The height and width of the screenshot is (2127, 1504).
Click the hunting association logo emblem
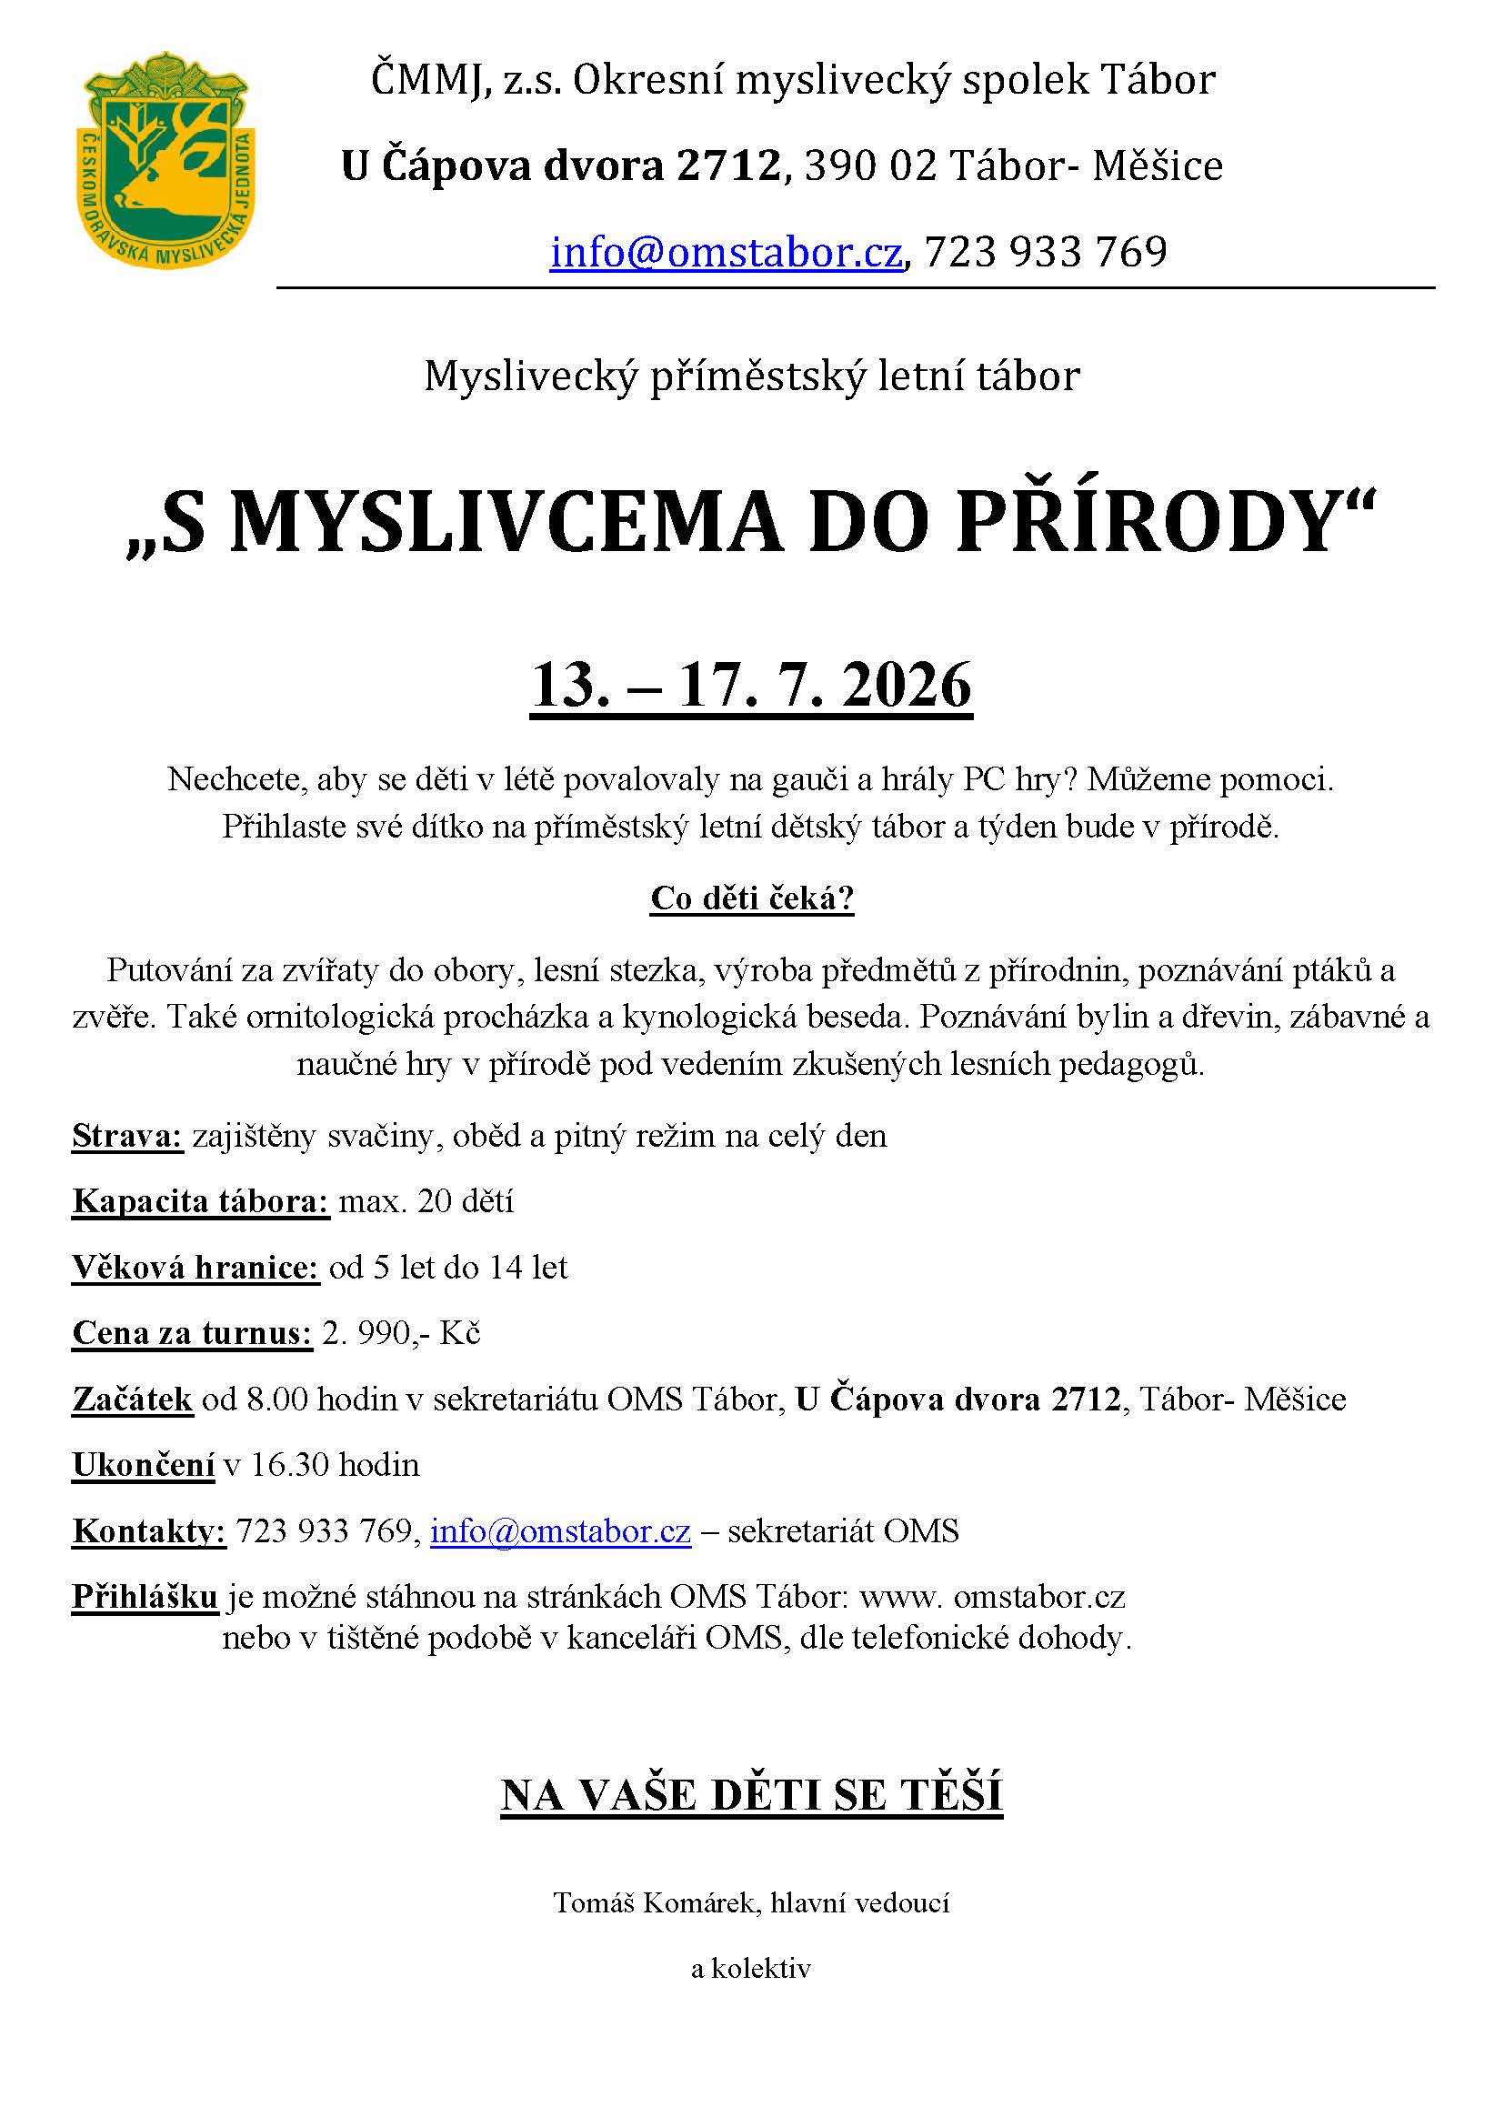[x=165, y=160]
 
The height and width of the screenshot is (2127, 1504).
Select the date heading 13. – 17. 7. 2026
[x=750, y=686]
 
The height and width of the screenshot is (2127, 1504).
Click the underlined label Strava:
[x=128, y=1137]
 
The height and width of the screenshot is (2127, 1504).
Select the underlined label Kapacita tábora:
[x=200, y=1202]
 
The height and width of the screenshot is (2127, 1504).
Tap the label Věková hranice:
[x=196, y=1269]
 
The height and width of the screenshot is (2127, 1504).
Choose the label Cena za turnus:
[x=192, y=1334]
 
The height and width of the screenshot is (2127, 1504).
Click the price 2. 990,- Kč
[x=401, y=1334]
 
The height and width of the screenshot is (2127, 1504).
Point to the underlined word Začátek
[x=133, y=1400]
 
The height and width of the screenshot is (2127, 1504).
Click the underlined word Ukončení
[x=143, y=1466]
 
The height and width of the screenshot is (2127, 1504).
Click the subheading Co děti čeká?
[x=752, y=898]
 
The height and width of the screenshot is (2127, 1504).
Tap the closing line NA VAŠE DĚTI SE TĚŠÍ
[x=751, y=1795]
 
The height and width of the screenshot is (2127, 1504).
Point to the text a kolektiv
[x=751, y=1969]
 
